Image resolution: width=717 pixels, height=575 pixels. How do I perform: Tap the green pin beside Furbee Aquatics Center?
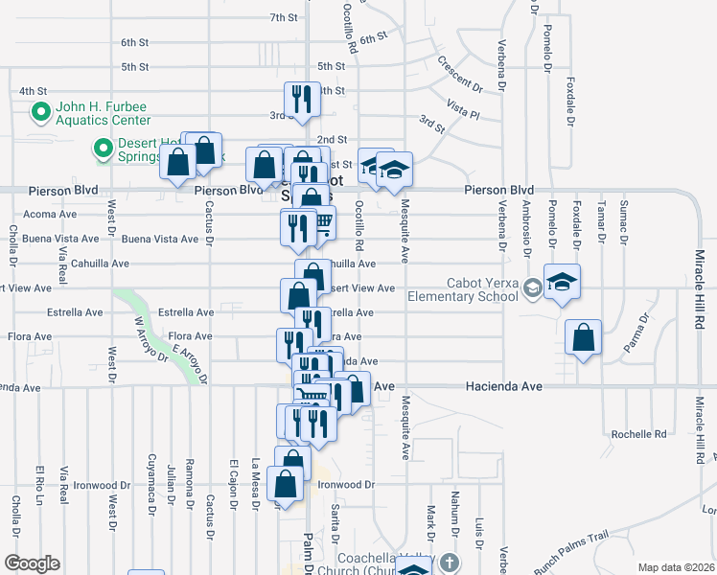coord(41,113)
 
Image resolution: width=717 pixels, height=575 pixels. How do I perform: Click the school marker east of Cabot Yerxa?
coord(562,282)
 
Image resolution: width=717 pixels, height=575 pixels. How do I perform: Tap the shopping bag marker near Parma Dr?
coord(583,338)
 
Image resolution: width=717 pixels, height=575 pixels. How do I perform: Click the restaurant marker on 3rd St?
coord(301,99)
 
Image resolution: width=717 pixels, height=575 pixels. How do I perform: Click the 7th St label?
coord(284,17)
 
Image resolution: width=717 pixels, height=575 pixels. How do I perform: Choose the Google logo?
coord(32,563)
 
